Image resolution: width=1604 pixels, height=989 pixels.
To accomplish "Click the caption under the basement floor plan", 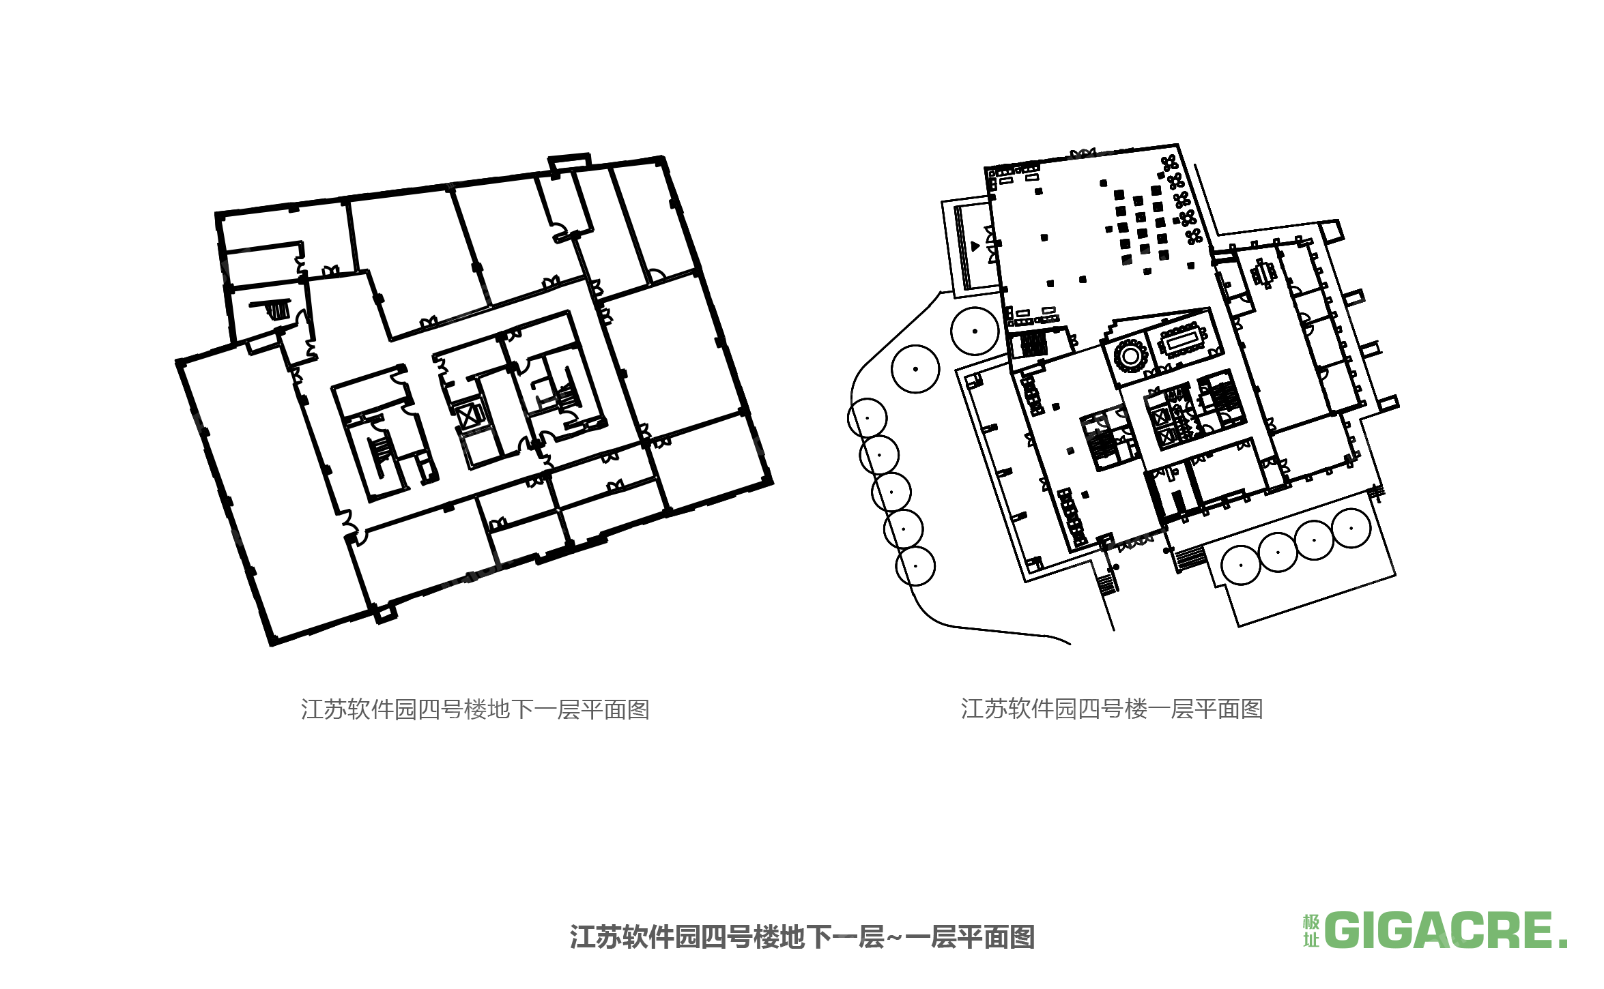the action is point(475,709).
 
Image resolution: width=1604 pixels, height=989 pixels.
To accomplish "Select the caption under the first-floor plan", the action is point(1112,709).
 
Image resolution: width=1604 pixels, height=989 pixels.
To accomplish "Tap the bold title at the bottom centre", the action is point(802,937).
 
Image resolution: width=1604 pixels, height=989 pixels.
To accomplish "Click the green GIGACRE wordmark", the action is point(1446,931).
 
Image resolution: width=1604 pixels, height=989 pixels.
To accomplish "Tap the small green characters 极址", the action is point(1311,931).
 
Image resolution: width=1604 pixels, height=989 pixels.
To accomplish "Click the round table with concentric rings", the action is point(1130,355).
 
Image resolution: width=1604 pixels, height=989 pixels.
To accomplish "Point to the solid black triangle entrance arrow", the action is point(975,246).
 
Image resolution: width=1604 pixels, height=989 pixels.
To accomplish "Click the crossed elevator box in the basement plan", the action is point(470,415).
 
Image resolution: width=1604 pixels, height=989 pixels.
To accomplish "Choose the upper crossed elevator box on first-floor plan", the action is point(1160,413).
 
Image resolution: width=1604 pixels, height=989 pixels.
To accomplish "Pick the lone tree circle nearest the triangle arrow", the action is point(975,331).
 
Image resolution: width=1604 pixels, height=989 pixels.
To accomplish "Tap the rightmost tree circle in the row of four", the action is point(1351,528).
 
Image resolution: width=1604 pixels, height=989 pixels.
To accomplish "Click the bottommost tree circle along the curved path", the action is point(915,566).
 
